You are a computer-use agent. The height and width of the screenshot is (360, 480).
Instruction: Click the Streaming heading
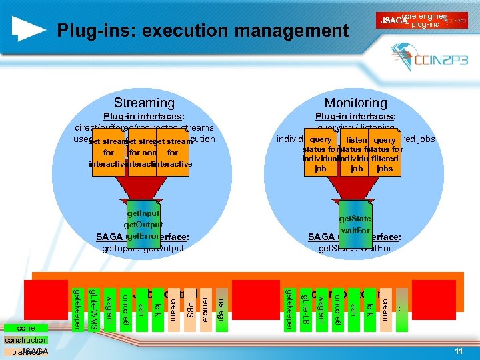pyautogui.click(x=144, y=103)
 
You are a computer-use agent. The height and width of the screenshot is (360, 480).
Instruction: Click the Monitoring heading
pyautogui.click(x=355, y=103)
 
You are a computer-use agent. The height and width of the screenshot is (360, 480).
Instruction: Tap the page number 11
pyautogui.click(x=458, y=351)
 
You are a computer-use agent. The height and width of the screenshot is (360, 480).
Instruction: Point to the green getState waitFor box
pyautogui.click(x=355, y=223)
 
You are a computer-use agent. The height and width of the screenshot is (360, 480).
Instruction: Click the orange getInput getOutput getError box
pyautogui.click(x=143, y=225)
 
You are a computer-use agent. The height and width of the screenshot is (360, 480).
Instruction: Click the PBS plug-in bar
pyautogui.click(x=189, y=304)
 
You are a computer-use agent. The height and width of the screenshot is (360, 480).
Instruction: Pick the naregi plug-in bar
pyautogui.click(x=221, y=303)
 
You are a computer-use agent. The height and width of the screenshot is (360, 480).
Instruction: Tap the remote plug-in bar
pyautogui.click(x=205, y=304)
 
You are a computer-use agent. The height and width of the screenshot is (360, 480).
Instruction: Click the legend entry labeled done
pyautogui.click(x=26, y=328)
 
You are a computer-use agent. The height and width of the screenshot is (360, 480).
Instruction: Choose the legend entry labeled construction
pyautogui.click(x=26, y=340)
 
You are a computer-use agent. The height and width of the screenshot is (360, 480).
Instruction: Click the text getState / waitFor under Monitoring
pyautogui.click(x=355, y=249)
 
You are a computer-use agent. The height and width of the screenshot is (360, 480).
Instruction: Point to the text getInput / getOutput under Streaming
pyautogui.click(x=143, y=249)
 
